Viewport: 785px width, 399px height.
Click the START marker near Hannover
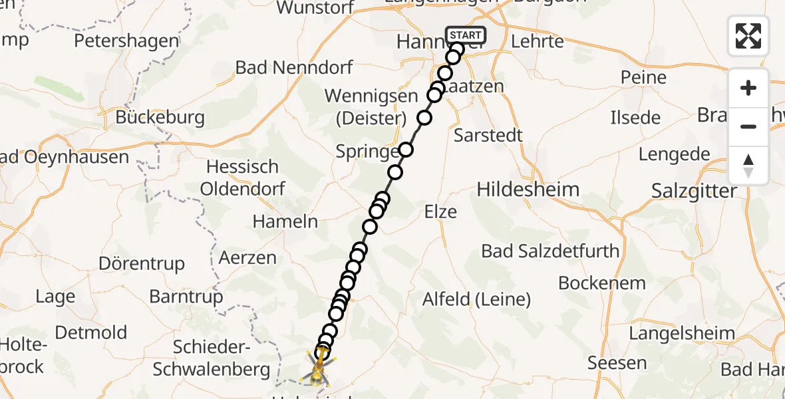coord(466,35)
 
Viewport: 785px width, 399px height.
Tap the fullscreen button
coord(748,36)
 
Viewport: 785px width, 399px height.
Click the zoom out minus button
coord(748,126)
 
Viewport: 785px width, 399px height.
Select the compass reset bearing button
coord(748,165)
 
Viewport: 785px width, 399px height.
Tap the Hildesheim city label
coord(528,190)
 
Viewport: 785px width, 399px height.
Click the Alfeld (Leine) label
coord(476,299)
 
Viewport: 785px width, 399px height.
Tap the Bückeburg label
coord(160,118)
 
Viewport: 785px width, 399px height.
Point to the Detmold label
coord(91,331)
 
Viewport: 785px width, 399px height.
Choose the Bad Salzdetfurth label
coord(550,251)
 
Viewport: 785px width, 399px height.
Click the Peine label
coord(643,77)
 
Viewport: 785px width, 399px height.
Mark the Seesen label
coord(617,363)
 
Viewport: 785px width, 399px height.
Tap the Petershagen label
coord(126,41)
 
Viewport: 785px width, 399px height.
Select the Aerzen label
coord(247,257)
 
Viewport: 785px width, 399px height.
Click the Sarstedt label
coord(488,135)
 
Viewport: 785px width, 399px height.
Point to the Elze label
coord(440,212)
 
